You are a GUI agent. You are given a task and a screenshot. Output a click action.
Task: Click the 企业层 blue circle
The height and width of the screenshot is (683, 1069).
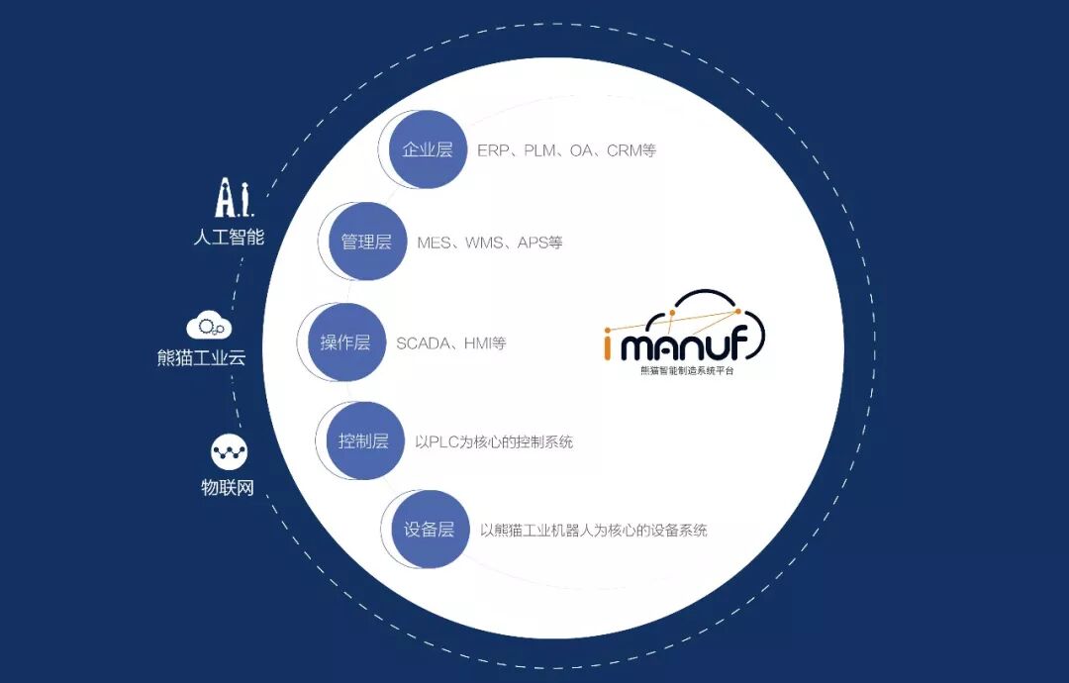point(428,149)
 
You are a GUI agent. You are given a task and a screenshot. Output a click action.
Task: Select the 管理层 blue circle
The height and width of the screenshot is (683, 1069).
point(367,242)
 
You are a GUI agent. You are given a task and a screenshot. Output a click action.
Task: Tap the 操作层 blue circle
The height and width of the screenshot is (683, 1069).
point(345,342)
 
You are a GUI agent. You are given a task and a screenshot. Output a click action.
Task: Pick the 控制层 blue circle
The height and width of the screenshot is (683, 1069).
point(364,440)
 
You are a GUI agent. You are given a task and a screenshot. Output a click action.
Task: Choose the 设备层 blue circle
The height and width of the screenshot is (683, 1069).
point(430,529)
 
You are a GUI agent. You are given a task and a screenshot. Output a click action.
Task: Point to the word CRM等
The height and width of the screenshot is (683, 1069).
point(632,150)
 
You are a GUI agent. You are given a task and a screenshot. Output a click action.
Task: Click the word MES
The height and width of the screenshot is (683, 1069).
point(435,243)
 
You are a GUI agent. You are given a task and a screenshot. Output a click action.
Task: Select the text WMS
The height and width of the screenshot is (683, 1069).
point(484,243)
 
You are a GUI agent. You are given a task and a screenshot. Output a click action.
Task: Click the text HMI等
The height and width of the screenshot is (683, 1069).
point(485,343)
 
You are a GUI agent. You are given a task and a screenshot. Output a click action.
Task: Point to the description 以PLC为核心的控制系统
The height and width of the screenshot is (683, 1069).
point(494,441)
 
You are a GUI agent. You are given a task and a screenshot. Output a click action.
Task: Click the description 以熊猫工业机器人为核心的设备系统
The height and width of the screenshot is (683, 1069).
point(594,531)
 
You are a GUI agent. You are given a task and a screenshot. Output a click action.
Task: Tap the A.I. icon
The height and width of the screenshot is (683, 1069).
point(234,198)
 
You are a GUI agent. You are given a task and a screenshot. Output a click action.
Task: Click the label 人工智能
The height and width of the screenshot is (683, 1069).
point(229,238)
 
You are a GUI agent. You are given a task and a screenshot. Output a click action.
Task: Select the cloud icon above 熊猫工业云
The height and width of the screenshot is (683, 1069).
point(209,327)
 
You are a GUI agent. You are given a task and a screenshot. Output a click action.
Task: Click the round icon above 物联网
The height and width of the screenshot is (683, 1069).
point(229,451)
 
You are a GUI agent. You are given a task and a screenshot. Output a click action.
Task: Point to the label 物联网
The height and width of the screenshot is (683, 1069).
point(228,487)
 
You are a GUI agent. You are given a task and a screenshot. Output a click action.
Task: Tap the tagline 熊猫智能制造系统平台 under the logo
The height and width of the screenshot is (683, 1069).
point(687,371)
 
